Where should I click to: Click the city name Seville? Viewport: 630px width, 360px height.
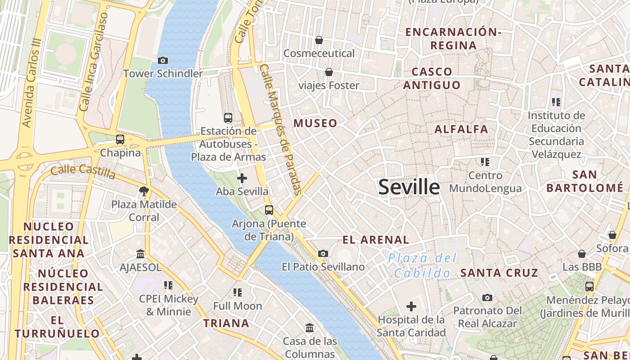click(x=409, y=187)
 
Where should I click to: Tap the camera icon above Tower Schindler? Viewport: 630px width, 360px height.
click(x=163, y=60)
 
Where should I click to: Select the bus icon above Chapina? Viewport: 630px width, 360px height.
click(x=120, y=139)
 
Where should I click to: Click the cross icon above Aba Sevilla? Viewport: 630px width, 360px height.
click(x=242, y=178)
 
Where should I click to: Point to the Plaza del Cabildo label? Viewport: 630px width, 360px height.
click(x=422, y=265)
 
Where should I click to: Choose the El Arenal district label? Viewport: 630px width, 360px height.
click(x=376, y=240)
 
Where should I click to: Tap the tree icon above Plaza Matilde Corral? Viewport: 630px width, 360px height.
click(x=144, y=192)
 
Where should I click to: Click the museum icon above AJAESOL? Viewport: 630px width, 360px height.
click(x=140, y=254)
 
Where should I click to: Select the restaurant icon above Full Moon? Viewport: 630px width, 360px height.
click(x=238, y=292)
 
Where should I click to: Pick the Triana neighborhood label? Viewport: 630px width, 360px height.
click(x=226, y=323)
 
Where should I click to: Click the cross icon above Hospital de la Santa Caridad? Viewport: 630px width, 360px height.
click(x=411, y=307)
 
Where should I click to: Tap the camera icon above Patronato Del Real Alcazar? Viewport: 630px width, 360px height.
click(x=487, y=297)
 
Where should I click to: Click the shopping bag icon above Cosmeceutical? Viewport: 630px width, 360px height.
click(x=319, y=40)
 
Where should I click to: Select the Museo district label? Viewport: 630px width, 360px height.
click(x=315, y=123)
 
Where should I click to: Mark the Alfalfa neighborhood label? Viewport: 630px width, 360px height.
click(x=461, y=130)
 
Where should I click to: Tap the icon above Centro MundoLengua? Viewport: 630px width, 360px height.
click(x=485, y=162)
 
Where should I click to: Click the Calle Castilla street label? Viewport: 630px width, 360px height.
click(x=83, y=171)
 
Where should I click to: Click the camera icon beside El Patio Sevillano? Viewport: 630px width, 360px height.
click(x=323, y=254)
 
